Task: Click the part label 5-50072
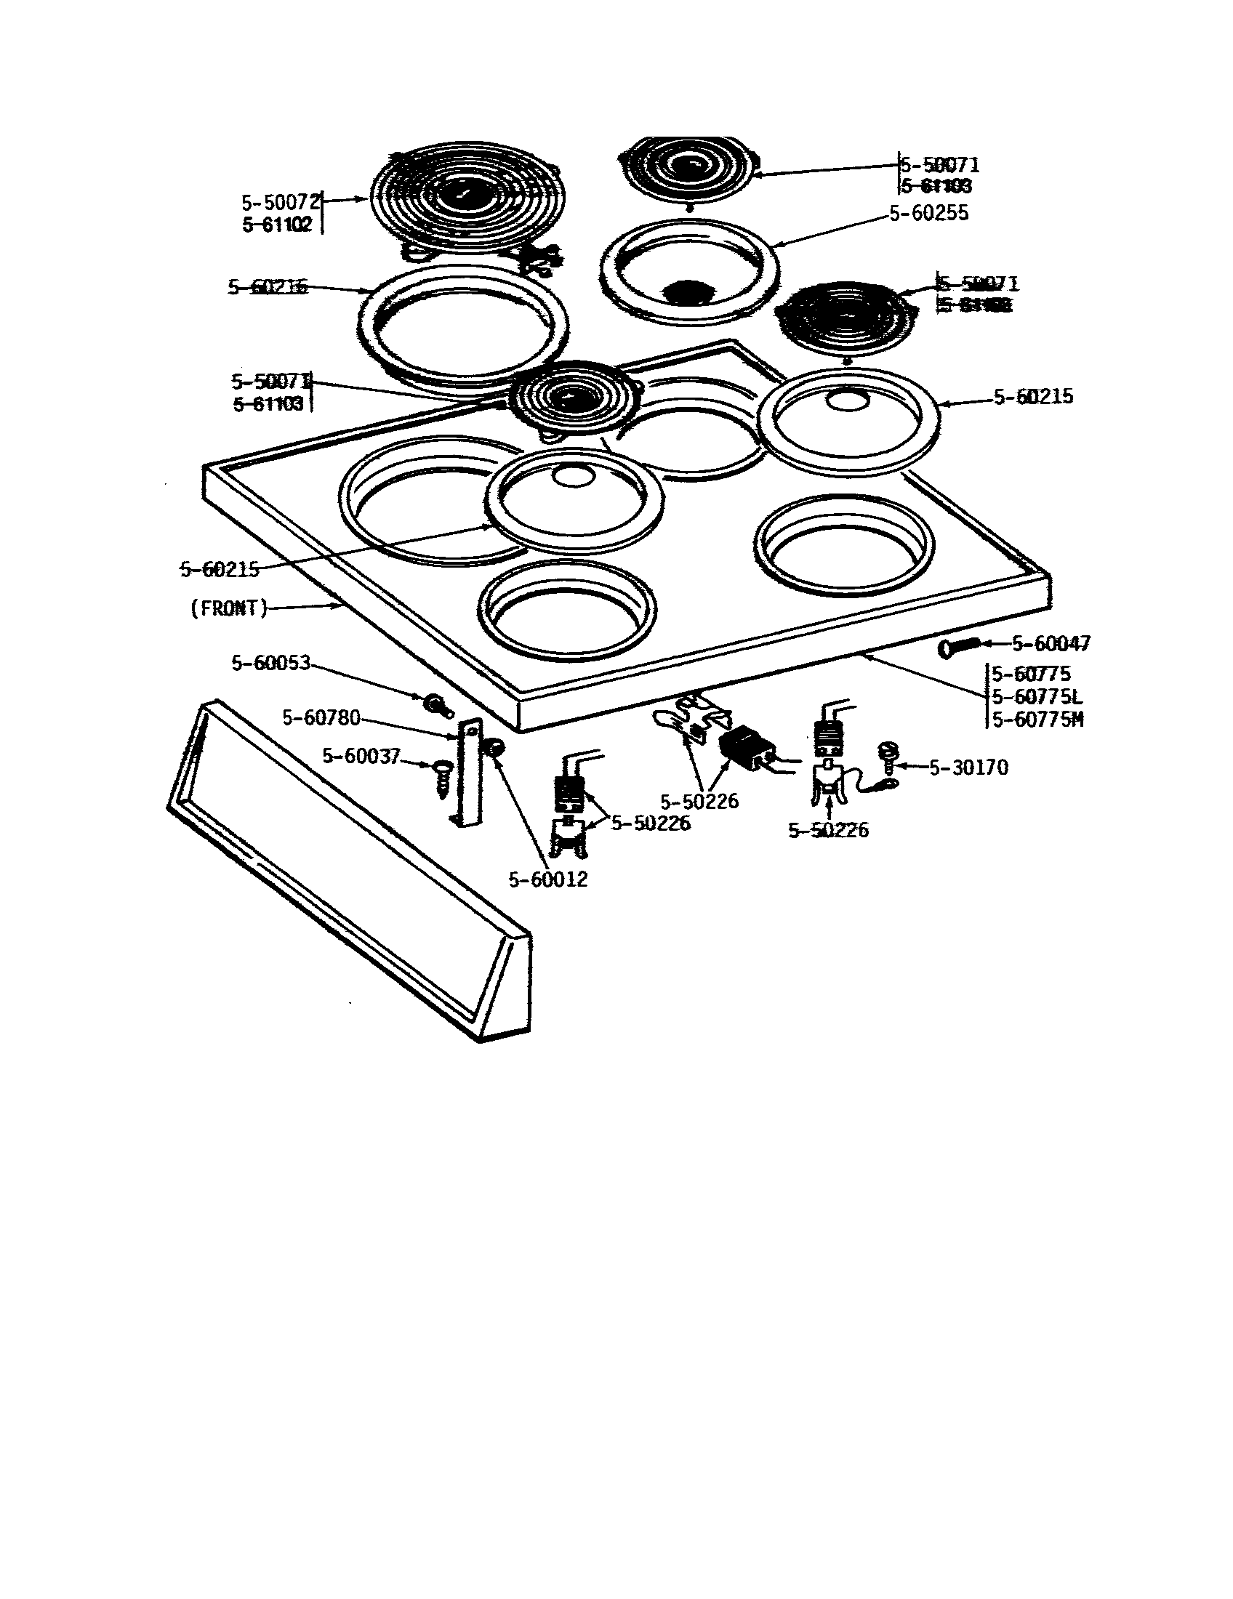pyautogui.click(x=281, y=203)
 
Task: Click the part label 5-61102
pyautogui.click(x=278, y=225)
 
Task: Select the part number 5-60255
pyautogui.click(x=929, y=213)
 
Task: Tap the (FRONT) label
pyautogui.click(x=229, y=608)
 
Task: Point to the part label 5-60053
pyautogui.click(x=272, y=664)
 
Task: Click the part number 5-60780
pyautogui.click(x=321, y=718)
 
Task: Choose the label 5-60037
pyautogui.click(x=361, y=756)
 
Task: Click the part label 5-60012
pyautogui.click(x=548, y=879)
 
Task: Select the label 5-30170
pyautogui.click(x=968, y=768)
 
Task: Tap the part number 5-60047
pyautogui.click(x=1051, y=643)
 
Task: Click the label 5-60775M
pyautogui.click(x=1037, y=720)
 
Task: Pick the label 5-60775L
pyautogui.click(x=1037, y=696)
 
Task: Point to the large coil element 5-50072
pyautogui.click(x=469, y=194)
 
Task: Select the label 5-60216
pyautogui.click(x=268, y=287)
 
